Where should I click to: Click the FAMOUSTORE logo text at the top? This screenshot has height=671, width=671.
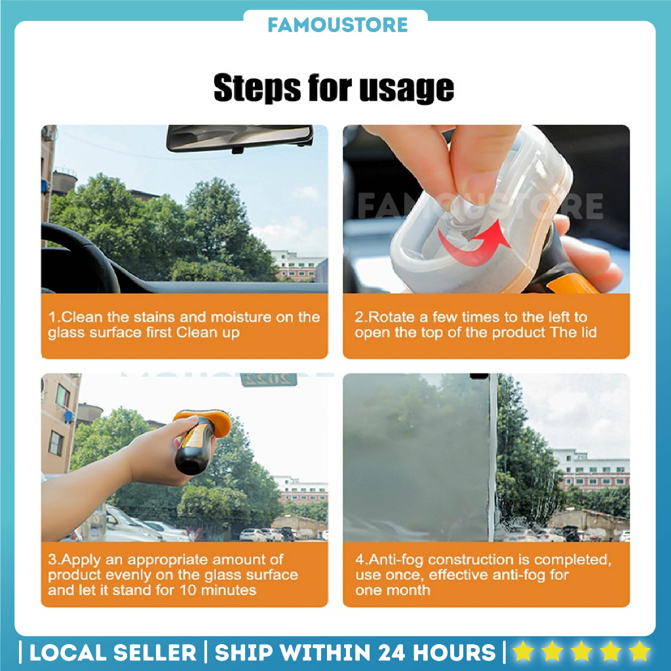[x=337, y=25]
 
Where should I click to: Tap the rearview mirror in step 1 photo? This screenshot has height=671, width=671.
[x=240, y=138]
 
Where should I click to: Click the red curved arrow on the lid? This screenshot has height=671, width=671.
[x=473, y=243]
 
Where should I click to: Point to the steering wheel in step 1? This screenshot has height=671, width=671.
[x=81, y=257]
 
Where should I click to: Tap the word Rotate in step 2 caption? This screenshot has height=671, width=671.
[x=391, y=317]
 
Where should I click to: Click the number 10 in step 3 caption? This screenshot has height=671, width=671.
[x=187, y=590]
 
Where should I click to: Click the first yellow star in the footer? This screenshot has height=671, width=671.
[x=523, y=651]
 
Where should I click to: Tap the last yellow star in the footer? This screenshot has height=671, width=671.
[x=640, y=651]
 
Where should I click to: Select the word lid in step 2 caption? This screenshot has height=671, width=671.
[x=589, y=332]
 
